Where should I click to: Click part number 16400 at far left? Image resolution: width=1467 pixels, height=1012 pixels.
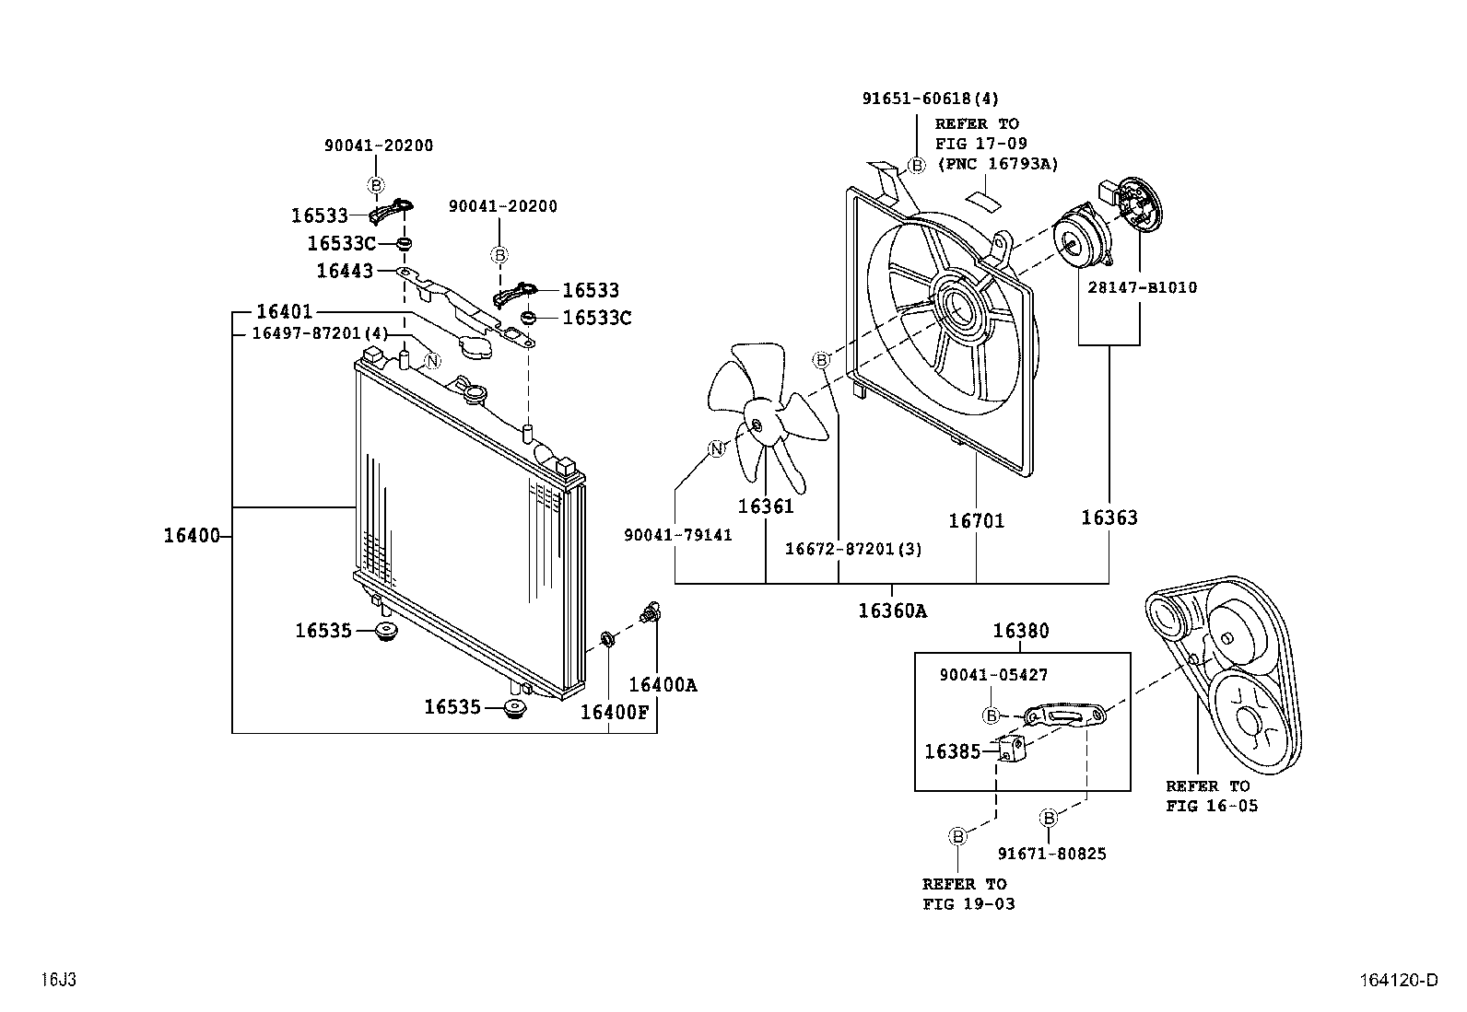point(192,535)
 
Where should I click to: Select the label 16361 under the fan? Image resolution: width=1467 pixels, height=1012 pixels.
point(765,506)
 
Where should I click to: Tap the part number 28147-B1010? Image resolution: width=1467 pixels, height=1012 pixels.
point(1142,287)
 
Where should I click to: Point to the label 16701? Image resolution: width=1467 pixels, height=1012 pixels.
point(976,521)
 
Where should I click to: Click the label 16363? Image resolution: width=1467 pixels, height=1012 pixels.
point(1109,518)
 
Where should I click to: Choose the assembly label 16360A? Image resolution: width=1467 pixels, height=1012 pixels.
point(892,611)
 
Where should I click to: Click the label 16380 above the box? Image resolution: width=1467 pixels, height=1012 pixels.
point(1020,632)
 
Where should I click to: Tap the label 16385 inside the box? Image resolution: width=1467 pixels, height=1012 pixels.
point(952,751)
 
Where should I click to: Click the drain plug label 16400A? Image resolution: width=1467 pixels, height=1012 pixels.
point(663,685)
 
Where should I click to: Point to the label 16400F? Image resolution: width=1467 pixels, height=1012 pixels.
point(614,711)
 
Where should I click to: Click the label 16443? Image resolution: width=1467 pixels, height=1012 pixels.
point(345,271)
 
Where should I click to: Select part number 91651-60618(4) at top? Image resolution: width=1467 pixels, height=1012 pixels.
point(930,99)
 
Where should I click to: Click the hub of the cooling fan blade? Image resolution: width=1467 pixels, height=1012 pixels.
point(756,425)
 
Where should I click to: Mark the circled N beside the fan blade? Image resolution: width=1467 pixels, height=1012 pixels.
point(717,448)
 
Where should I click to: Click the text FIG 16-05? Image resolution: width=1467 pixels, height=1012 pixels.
point(1212,806)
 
